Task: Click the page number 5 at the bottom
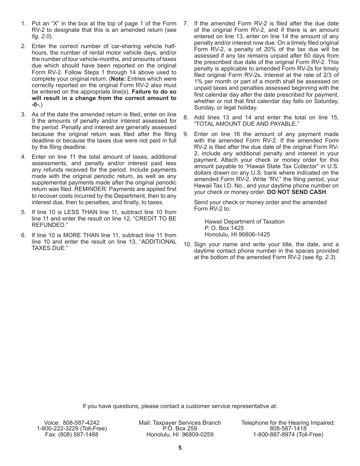(180, 448)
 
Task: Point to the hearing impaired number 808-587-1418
(288, 428)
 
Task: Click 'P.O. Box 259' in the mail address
(180, 428)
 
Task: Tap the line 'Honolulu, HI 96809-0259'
(180, 435)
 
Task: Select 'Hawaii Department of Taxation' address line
(244, 222)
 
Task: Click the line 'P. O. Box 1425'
(224, 228)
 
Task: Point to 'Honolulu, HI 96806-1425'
(237, 235)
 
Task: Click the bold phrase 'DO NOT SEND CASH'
(296, 192)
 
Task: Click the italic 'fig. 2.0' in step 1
(41, 36)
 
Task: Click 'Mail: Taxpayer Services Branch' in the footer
(180, 423)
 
